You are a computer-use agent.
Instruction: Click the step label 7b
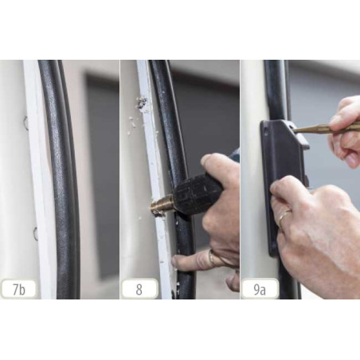coord(18,289)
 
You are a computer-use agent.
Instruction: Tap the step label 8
coord(139,289)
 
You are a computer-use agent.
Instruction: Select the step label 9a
coord(260,289)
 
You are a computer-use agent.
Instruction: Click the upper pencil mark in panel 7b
coord(25,123)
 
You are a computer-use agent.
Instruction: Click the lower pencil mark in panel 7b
coord(35,233)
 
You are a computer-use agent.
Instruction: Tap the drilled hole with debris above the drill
coord(142,104)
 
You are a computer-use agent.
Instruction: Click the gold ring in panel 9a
coord(284,215)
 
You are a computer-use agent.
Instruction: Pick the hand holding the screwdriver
coord(344,127)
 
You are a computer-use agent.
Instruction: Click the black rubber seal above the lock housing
coord(276,88)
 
